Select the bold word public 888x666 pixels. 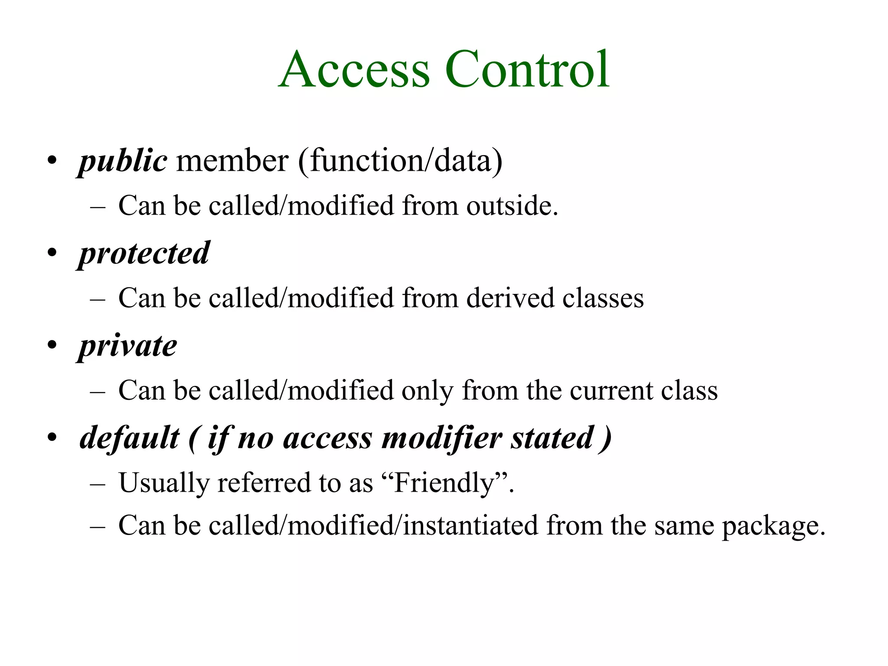[x=123, y=161]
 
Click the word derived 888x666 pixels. [x=510, y=298]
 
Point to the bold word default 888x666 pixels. [x=129, y=438]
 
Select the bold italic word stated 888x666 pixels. [x=552, y=438]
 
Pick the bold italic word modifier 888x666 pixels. [x=441, y=438]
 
